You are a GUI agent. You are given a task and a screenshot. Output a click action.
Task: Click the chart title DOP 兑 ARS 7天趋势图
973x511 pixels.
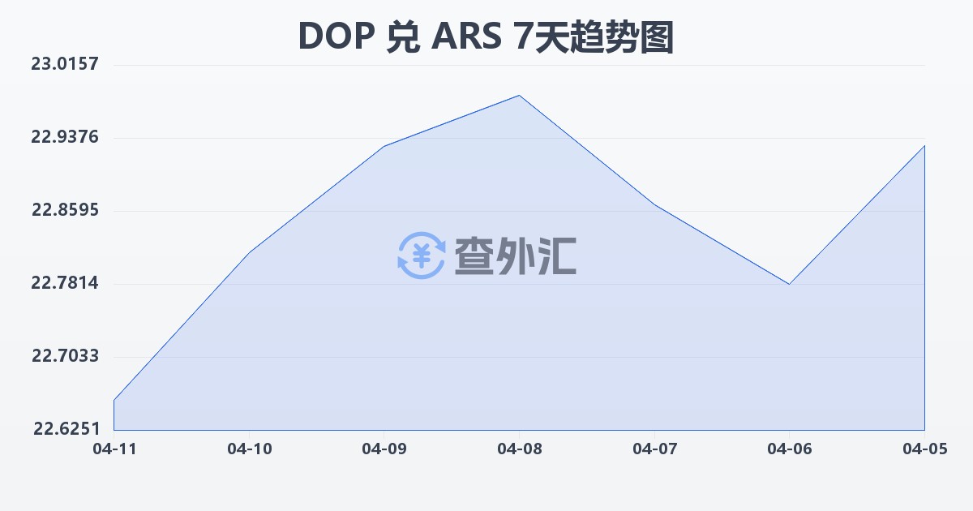coord(486,36)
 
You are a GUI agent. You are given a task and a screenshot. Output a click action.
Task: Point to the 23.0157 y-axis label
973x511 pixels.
coord(65,64)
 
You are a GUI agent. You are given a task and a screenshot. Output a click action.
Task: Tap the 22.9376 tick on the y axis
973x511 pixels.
coord(65,137)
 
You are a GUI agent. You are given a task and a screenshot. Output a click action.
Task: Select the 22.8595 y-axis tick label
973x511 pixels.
coord(65,210)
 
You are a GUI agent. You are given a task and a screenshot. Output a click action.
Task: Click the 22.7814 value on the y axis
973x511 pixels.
coord(65,283)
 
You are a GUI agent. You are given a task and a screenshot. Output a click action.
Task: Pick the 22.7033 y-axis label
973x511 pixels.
coord(65,356)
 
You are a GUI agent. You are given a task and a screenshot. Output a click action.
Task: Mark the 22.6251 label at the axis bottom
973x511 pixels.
coord(65,429)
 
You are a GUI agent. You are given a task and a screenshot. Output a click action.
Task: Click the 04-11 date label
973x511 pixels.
coord(114,448)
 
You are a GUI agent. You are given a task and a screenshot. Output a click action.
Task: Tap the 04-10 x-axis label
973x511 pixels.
coord(248,448)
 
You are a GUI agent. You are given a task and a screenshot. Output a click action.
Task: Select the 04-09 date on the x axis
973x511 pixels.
coord(384,448)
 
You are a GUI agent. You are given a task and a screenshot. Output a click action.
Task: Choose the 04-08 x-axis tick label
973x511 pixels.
coord(519,448)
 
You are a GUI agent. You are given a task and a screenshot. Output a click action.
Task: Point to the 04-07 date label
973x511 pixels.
coord(654,448)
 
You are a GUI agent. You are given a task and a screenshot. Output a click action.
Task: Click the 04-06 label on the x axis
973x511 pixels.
coord(789,448)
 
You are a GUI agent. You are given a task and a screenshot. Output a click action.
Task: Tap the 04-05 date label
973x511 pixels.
coord(924,448)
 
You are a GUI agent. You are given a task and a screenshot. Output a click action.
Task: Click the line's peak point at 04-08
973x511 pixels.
coord(519,96)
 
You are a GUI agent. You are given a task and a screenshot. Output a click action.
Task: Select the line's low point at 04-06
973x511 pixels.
coord(789,284)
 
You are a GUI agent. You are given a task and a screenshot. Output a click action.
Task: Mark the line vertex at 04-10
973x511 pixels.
coord(248,252)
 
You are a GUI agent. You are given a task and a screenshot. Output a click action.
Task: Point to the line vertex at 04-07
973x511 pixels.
coord(654,204)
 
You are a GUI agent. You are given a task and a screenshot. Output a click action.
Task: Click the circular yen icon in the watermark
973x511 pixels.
coord(421,255)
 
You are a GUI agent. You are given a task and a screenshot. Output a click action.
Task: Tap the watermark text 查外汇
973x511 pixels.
coord(515,255)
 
